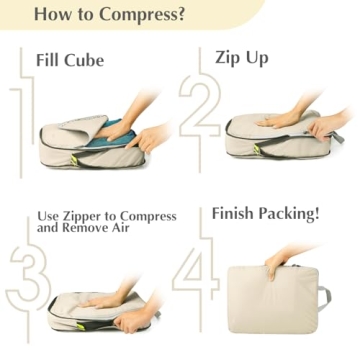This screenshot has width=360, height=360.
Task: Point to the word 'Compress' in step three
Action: click(149, 216)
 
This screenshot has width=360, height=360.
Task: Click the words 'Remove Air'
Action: click(97, 229)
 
